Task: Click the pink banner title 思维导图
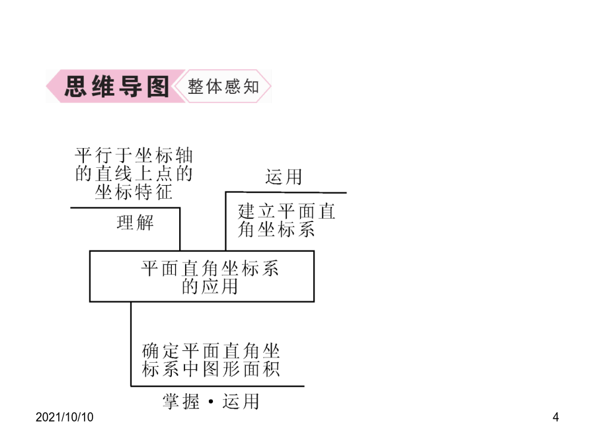coord(116,87)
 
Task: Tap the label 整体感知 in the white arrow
coord(223,87)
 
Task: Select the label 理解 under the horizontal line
coord(135,223)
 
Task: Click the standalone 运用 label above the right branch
coord(284,177)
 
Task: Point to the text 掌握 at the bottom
coord(181,401)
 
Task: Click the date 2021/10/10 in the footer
coord(65,417)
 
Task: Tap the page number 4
coord(555,417)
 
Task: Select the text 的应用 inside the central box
coord(210,287)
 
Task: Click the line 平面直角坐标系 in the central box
coord(210,268)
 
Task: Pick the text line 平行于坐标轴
coord(134,156)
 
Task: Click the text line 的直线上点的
coord(134,174)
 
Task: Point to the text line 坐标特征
coord(134,192)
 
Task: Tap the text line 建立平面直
coord(286,211)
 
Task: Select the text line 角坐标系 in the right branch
coord(276,229)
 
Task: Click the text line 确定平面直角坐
coord(211,352)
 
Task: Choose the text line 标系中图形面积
coord(211,369)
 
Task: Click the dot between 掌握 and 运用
coord(211,401)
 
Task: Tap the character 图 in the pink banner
coord(157,87)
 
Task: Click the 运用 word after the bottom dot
coord(241,401)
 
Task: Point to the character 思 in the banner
coord(75,87)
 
